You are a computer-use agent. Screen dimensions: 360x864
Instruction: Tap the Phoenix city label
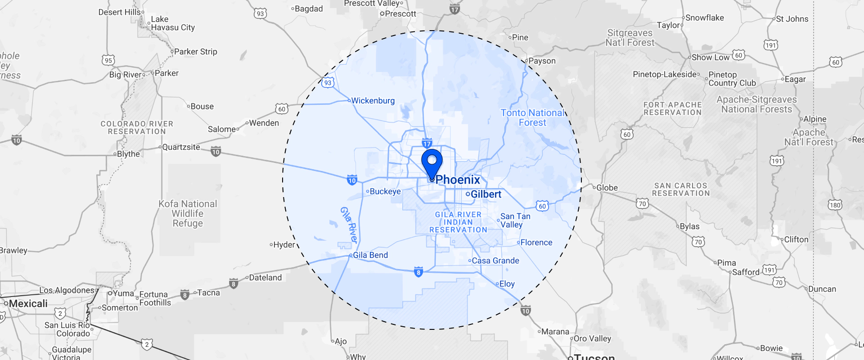point(457,180)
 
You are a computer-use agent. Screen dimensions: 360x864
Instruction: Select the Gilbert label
point(486,194)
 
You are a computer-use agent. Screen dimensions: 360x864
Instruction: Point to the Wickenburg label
point(373,101)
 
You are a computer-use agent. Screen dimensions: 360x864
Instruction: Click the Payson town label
point(542,61)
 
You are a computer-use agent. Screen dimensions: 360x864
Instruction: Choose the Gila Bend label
point(370,255)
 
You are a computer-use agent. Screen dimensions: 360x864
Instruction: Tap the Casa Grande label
point(495,261)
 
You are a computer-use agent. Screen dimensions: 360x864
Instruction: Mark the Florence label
point(536,243)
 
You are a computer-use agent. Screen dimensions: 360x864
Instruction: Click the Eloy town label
point(507,284)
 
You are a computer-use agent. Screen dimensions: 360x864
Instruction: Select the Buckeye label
point(385,192)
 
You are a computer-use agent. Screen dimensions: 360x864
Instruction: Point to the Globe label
point(607,188)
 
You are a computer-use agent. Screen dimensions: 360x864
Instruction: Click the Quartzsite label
point(181,147)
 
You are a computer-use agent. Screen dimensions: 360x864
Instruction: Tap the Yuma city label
point(123,293)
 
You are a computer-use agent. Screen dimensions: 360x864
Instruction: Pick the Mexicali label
point(28,304)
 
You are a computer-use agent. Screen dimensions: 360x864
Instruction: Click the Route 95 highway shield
point(108,60)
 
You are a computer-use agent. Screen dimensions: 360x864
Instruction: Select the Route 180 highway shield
point(835,205)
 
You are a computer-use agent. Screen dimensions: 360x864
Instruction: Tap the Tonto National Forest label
point(532,118)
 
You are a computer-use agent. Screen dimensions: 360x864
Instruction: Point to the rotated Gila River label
point(349,225)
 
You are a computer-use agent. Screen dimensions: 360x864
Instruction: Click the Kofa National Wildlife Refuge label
point(188,214)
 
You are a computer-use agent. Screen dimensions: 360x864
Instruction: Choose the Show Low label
point(710,58)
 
